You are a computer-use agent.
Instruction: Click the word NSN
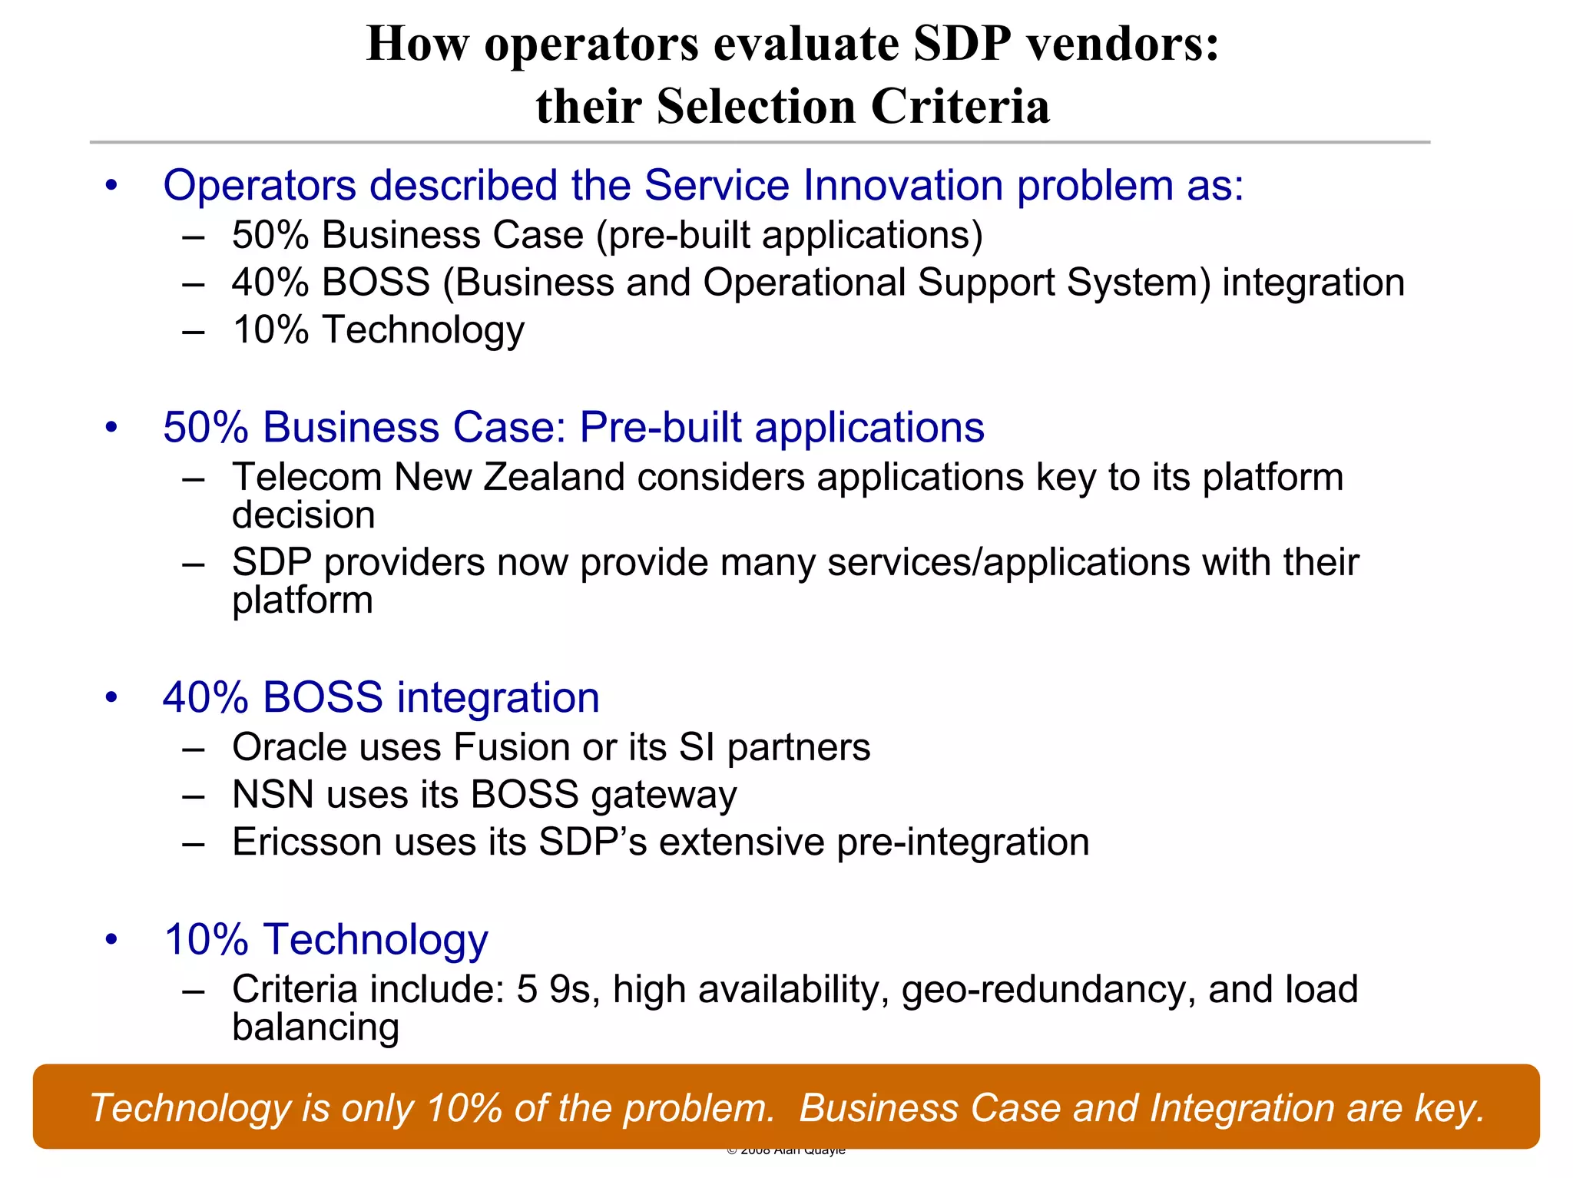(x=273, y=794)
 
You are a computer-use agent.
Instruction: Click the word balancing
(x=316, y=1027)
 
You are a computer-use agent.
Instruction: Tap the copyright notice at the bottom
(x=786, y=1150)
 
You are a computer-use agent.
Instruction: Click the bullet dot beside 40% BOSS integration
(x=112, y=697)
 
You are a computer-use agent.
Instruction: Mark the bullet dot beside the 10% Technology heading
(x=112, y=939)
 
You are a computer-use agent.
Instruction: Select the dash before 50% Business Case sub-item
(x=194, y=236)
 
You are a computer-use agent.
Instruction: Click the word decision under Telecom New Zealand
(x=303, y=515)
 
